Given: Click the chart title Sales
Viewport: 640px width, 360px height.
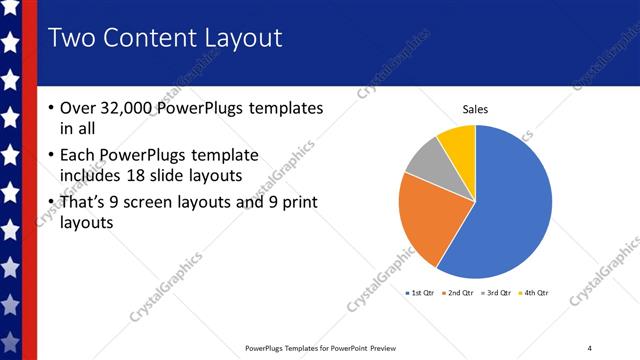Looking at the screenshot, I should (475, 110).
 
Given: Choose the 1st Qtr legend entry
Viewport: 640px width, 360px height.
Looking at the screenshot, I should (420, 293).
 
